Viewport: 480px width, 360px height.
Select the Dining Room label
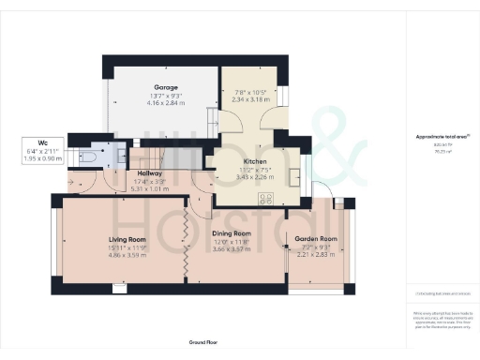coord(231,232)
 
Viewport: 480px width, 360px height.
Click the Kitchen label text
coord(230,161)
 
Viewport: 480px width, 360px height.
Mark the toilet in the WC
coord(89,157)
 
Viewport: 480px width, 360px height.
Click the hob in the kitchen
coord(266,199)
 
